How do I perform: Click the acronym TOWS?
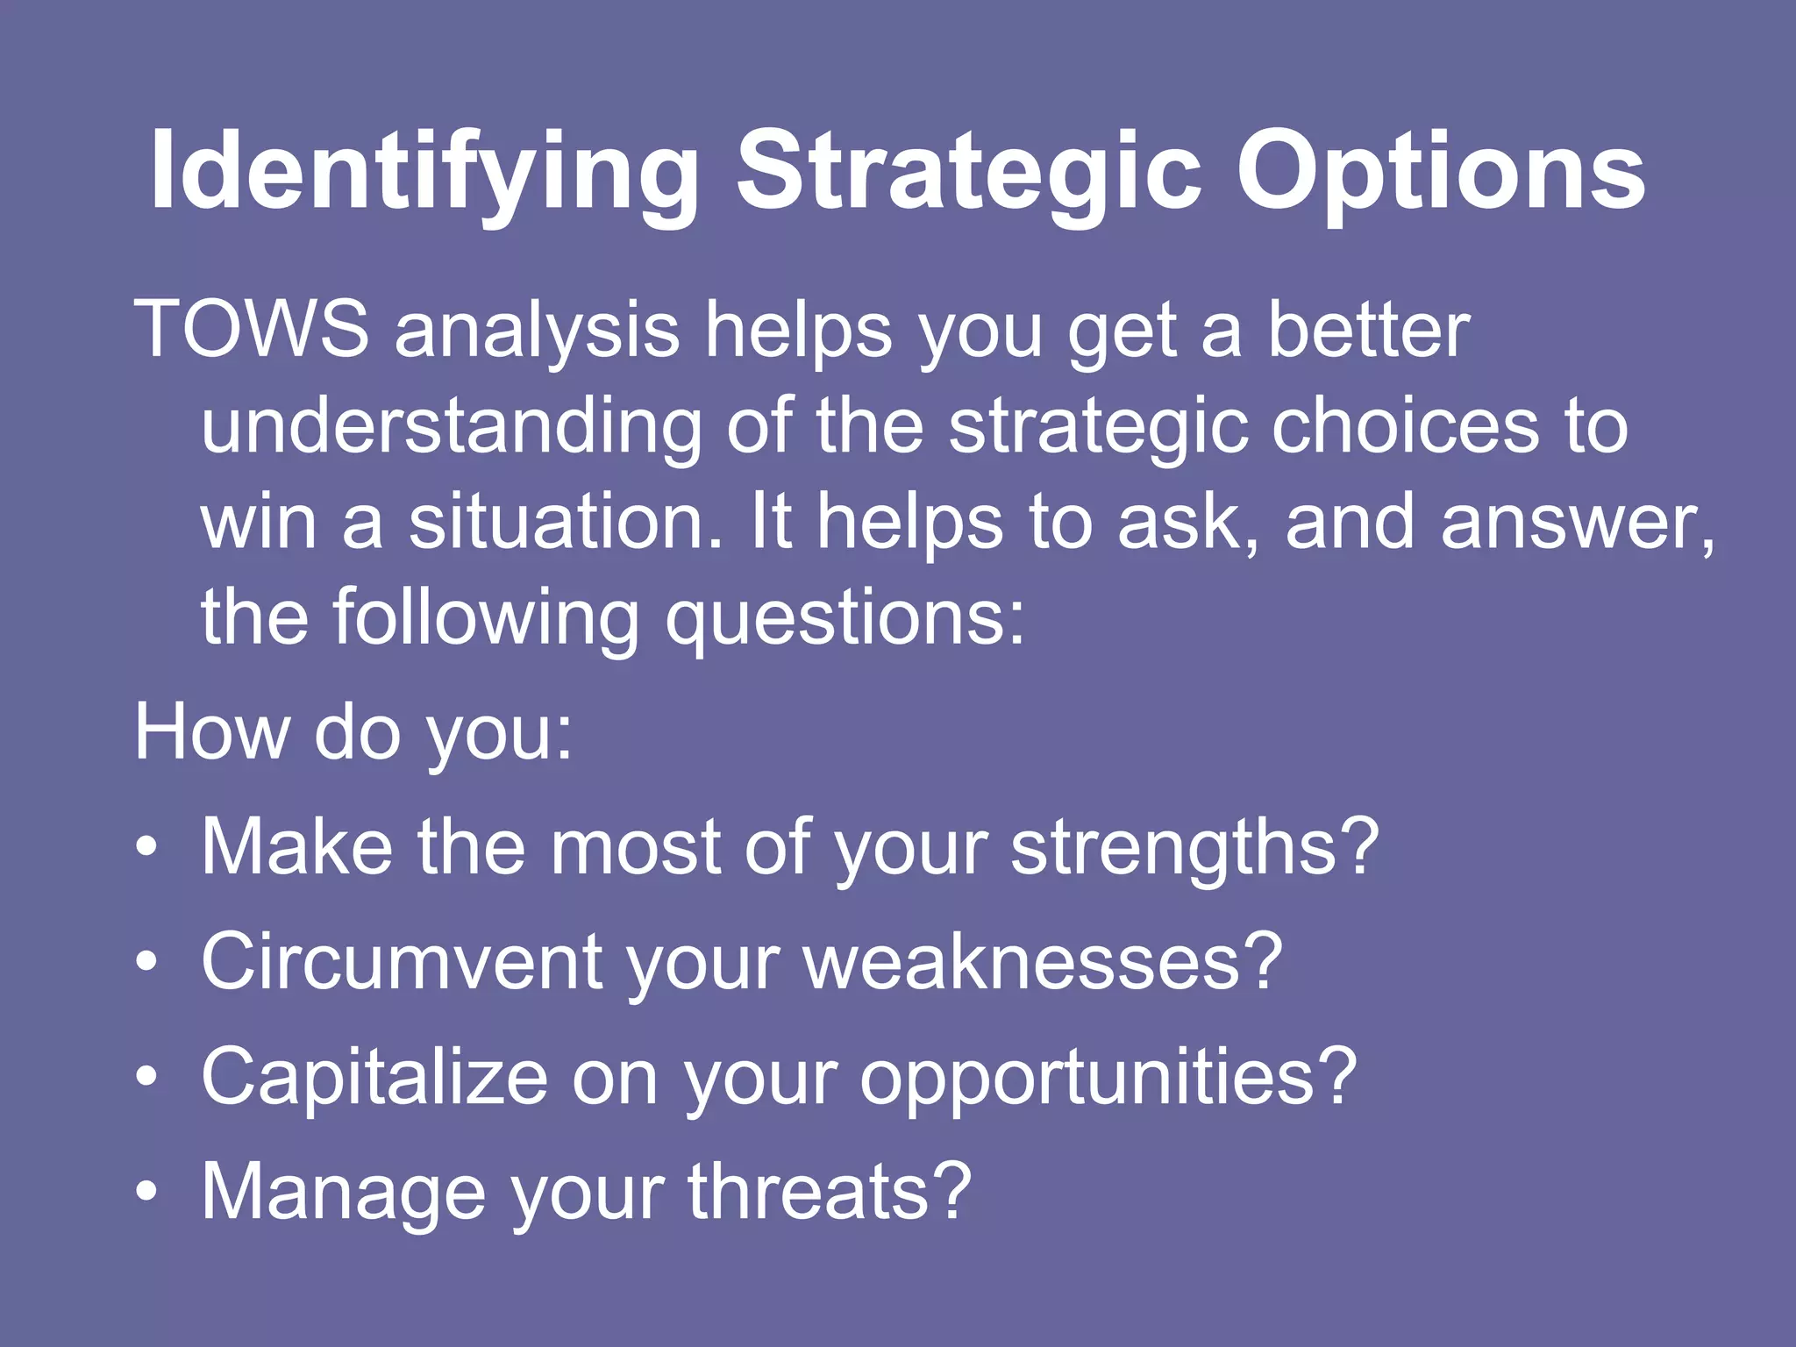pos(252,330)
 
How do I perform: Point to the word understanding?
pos(451,426)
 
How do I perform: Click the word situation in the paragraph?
pos(566,523)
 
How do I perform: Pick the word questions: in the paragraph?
pos(845,619)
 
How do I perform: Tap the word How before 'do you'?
pos(211,731)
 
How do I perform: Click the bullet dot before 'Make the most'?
pos(146,848)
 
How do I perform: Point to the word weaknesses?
pos(1044,962)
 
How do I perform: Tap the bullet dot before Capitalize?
pos(146,1077)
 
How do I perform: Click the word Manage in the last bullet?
pos(343,1192)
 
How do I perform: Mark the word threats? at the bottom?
pos(830,1192)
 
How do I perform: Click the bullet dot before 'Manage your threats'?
pos(146,1192)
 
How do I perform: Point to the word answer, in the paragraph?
pos(1578,523)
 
